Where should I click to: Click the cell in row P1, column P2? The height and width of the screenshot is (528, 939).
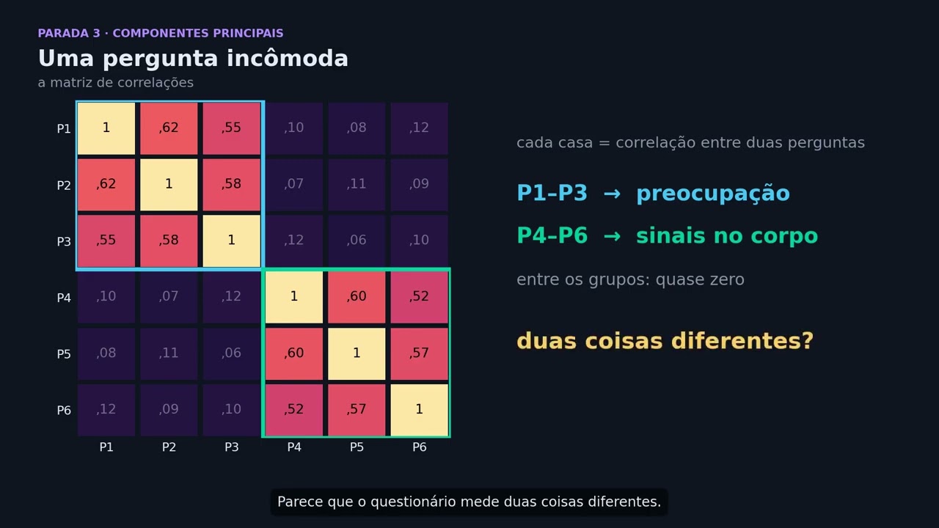tap(169, 128)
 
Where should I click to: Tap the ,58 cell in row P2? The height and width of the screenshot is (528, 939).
tap(231, 184)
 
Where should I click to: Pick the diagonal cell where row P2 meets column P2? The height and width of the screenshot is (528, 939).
tap(169, 184)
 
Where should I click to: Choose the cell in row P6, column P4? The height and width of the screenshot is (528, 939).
tap(294, 410)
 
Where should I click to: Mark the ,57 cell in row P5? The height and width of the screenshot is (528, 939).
tap(419, 353)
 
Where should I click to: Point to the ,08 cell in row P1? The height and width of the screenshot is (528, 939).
tap(357, 128)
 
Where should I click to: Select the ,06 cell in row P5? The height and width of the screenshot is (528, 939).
tap(231, 353)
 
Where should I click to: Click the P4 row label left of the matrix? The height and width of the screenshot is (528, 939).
tap(64, 298)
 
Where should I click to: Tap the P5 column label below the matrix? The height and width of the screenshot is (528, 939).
tap(357, 447)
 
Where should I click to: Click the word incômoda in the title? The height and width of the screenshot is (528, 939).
tap(288, 58)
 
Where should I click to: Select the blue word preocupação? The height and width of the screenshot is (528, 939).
tap(713, 194)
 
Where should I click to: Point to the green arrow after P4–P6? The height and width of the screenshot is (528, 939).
tap(612, 236)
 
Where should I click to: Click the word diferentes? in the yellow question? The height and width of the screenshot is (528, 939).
tap(742, 341)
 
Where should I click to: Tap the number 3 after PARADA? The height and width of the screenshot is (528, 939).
tap(96, 33)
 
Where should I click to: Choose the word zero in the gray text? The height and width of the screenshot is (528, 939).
tap(726, 279)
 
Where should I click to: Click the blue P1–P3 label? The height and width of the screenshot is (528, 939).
tap(552, 193)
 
